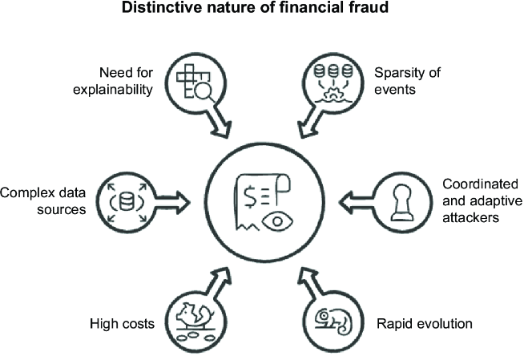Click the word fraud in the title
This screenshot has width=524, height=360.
click(x=369, y=7)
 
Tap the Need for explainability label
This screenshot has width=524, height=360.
click(x=113, y=81)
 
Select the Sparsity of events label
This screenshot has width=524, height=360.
click(x=407, y=81)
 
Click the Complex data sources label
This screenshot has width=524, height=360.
click(x=42, y=201)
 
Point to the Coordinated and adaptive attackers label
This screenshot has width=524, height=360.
click(x=482, y=200)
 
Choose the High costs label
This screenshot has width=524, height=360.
click(x=122, y=324)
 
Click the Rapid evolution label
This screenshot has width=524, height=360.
click(x=425, y=324)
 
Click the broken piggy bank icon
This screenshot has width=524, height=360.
click(x=195, y=314)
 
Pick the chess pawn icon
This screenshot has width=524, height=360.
click(x=402, y=203)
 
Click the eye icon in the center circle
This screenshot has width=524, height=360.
click(x=277, y=221)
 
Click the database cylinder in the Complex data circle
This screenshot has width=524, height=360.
click(x=127, y=201)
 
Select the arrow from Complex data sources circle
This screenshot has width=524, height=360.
click(x=173, y=202)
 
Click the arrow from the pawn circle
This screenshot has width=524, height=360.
click(x=357, y=203)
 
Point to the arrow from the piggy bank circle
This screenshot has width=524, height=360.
click(x=218, y=281)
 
